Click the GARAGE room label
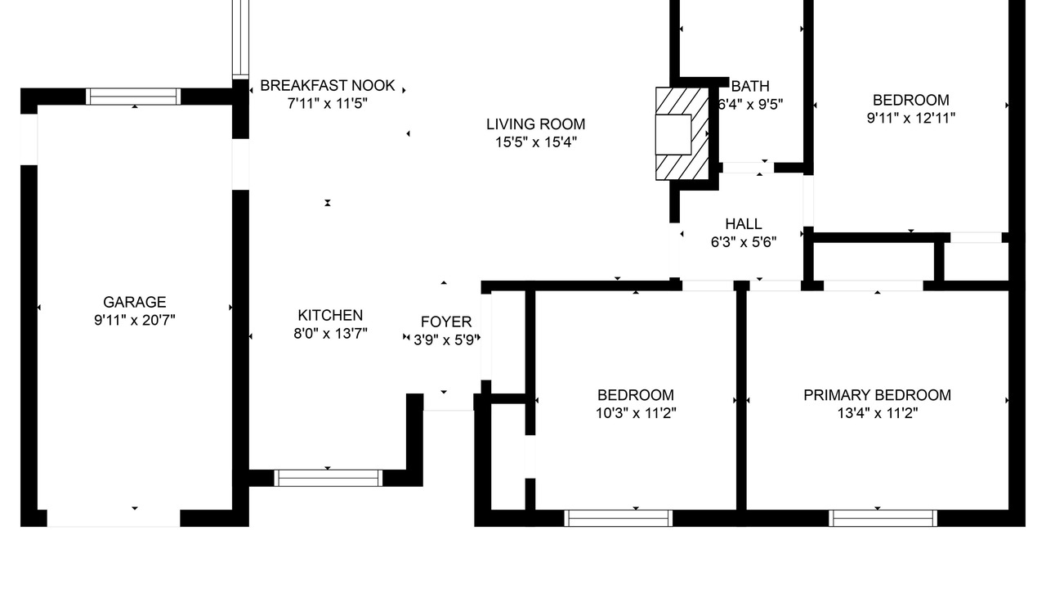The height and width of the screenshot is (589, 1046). tap(135, 302)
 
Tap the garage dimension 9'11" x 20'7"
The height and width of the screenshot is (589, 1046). tap(135, 320)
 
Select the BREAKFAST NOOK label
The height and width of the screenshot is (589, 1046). tap(328, 86)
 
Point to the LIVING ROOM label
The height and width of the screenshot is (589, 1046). tap(535, 124)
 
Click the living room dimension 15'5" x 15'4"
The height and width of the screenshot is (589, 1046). tap(535, 142)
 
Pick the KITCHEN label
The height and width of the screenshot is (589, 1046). tap(330, 315)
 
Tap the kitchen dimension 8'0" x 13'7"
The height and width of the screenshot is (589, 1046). tap(330, 333)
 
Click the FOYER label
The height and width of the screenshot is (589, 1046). tap(446, 321)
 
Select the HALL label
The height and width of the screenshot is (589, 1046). tap(744, 224)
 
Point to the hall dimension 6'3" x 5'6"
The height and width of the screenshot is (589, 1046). tap(744, 242)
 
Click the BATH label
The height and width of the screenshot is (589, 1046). tap(750, 87)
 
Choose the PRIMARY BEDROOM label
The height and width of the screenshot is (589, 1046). tap(877, 395)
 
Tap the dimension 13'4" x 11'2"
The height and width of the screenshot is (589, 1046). tap(877, 413)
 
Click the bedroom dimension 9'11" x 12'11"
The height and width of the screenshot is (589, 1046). tap(910, 119)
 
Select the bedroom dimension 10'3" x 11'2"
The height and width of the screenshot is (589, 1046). tap(636, 413)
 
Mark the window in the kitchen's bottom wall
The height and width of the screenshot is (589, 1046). tap(328, 479)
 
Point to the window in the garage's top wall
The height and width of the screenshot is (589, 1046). tap(133, 97)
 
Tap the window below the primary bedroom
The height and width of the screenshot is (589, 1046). tap(883, 519)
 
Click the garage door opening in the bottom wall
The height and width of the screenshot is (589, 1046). tap(114, 519)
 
